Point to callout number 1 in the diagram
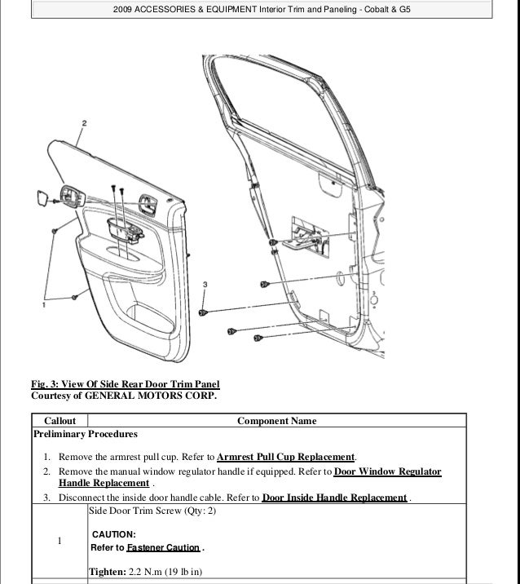tap(44, 305)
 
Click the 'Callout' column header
tap(59, 421)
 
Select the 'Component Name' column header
tap(276, 421)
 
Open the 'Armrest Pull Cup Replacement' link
tap(287, 456)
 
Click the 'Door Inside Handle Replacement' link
tap(335, 498)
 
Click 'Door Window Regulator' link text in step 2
tap(388, 472)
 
